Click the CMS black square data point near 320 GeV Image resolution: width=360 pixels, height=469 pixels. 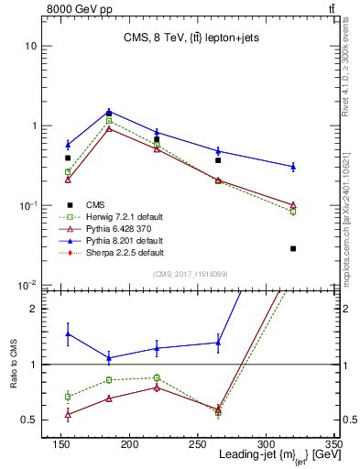[x=293, y=248]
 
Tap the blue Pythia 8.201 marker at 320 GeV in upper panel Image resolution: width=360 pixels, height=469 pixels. [x=293, y=166]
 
